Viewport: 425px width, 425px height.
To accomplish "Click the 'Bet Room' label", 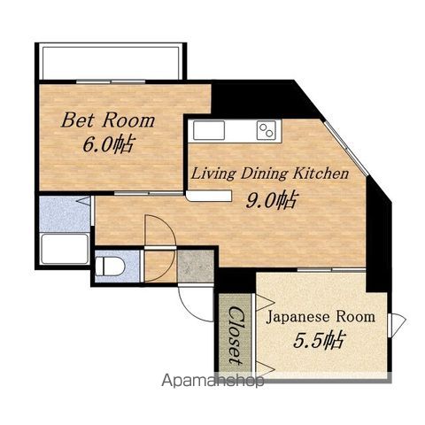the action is [x=108, y=120].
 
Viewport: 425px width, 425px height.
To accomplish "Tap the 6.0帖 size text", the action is [x=108, y=144].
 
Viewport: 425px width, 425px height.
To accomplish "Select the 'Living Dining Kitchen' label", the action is [x=270, y=174].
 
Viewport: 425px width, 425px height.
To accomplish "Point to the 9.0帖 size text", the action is [x=271, y=200].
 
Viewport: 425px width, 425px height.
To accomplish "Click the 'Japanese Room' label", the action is [x=321, y=317].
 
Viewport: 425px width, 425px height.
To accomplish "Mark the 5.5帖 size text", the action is [x=319, y=340].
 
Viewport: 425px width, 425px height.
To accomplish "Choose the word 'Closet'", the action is [x=236, y=336].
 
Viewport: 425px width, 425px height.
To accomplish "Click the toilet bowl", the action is [x=111, y=266].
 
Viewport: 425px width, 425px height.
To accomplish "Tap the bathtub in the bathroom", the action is [x=65, y=249].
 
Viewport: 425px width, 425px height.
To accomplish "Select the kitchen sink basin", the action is [x=209, y=130].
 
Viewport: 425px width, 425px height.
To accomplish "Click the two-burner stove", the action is [x=267, y=130].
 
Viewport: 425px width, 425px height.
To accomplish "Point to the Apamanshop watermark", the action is [x=212, y=381].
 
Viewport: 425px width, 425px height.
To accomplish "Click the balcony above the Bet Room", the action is [x=111, y=62].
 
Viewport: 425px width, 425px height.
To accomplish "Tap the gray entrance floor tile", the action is [x=196, y=267].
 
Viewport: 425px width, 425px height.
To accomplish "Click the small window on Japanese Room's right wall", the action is [x=397, y=325].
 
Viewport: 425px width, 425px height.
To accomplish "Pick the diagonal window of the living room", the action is [x=346, y=148].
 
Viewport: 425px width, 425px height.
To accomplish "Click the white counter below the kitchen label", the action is [x=209, y=197].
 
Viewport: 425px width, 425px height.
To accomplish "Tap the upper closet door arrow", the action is [x=265, y=303].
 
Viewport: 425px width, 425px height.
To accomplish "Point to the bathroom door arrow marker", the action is [x=83, y=201].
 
